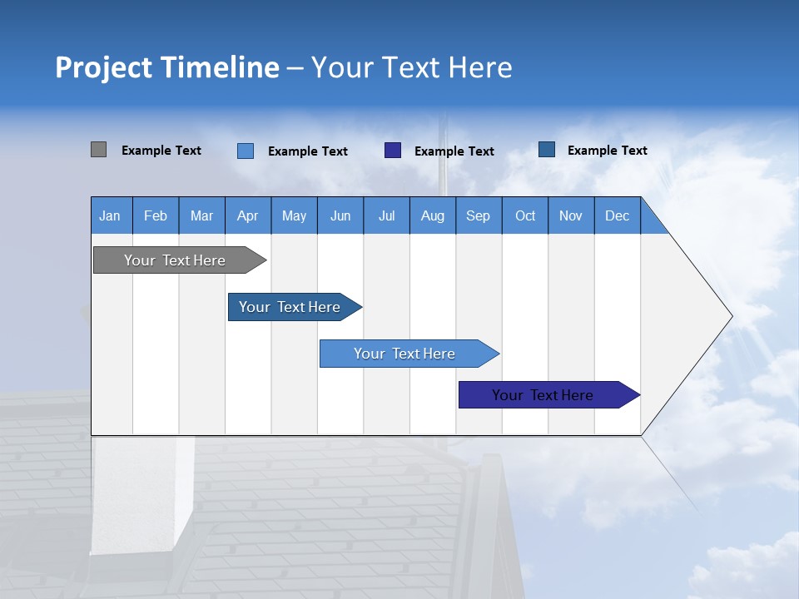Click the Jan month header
[110, 215]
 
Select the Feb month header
[156, 215]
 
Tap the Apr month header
[247, 215]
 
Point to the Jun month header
[340, 215]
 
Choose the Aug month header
[432, 215]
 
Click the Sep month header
[478, 215]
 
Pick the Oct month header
[525, 215]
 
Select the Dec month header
[617, 215]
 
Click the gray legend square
[98, 150]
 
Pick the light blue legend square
[246, 151]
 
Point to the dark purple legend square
[393, 151]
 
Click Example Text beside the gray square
[161, 151]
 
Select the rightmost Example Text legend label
[607, 151]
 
